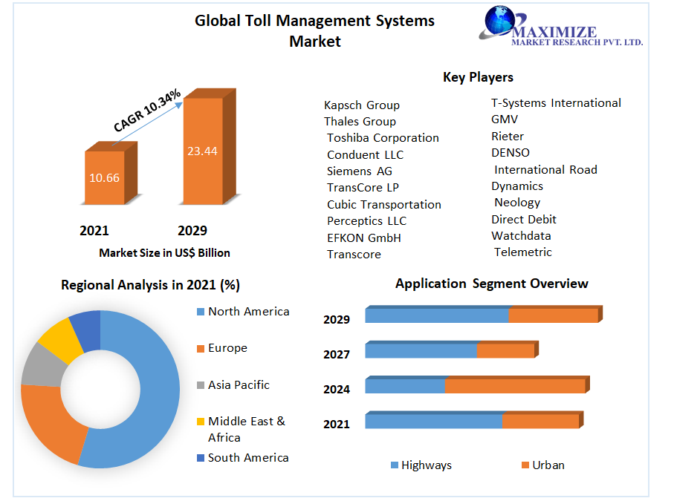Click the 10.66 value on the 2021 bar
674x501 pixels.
click(104, 178)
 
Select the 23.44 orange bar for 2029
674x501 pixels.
click(202, 151)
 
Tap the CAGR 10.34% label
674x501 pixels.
click(147, 111)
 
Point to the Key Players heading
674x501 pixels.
click(478, 77)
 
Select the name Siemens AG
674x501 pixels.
click(359, 171)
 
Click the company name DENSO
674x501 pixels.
click(511, 153)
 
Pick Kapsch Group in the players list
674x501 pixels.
click(362, 105)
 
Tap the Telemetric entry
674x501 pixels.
click(523, 252)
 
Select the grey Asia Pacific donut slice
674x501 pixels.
click(39, 365)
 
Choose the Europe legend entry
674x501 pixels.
click(227, 348)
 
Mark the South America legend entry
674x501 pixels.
click(248, 458)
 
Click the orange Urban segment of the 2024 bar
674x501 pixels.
click(514, 386)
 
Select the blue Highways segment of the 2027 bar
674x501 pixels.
click(420, 350)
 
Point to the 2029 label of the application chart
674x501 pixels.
click(336, 320)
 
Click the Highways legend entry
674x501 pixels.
click(426, 465)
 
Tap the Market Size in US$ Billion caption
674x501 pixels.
click(164, 253)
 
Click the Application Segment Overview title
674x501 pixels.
click(491, 284)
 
